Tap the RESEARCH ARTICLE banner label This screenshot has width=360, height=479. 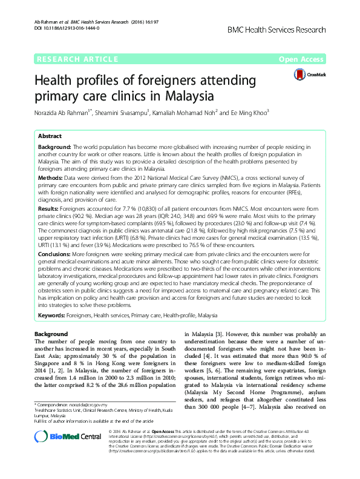[76, 59]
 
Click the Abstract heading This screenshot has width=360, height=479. [50, 136]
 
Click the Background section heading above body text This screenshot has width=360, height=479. [51, 334]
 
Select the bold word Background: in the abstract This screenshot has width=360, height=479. [54, 147]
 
